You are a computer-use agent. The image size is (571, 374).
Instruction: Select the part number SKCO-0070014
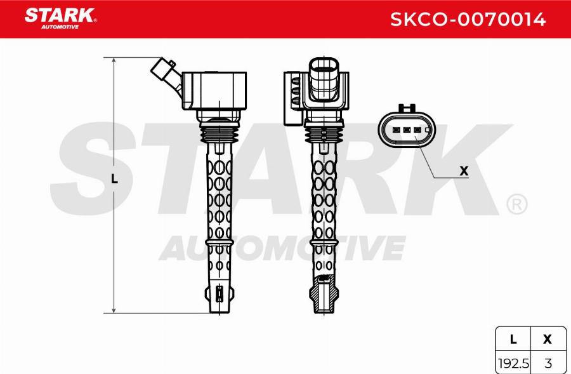(468, 19)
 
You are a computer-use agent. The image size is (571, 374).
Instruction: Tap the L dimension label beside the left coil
(114, 179)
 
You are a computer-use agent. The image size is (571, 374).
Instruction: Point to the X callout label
(464, 170)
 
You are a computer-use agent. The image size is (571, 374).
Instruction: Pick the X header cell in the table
(548, 340)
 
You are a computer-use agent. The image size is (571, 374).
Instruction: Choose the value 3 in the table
(548, 363)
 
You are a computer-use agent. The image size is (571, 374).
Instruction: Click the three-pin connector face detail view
(406, 130)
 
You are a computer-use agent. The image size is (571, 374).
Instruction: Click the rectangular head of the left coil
(213, 90)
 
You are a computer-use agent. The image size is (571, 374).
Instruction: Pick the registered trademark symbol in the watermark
(516, 203)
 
